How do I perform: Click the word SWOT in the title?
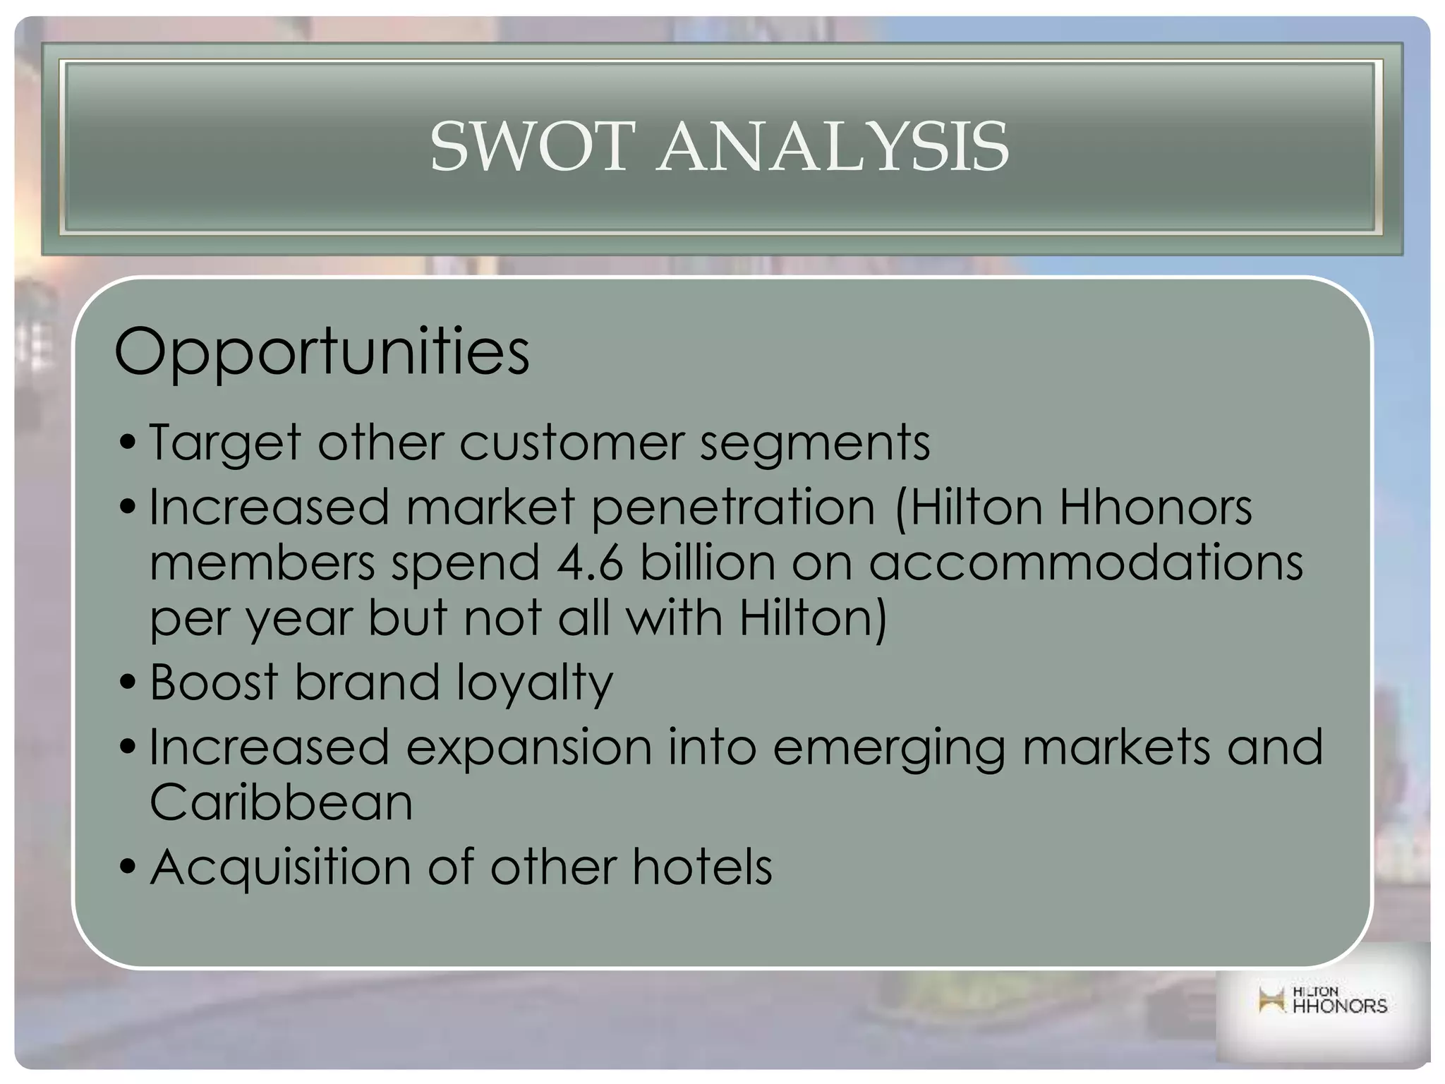[528, 147]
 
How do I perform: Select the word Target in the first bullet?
[225, 443]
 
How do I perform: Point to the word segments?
[815, 443]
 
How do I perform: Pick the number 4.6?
[590, 562]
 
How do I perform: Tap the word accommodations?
[1086, 562]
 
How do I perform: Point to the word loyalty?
[534, 683]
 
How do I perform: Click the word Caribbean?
[281, 802]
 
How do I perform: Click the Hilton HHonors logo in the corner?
[1322, 1001]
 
